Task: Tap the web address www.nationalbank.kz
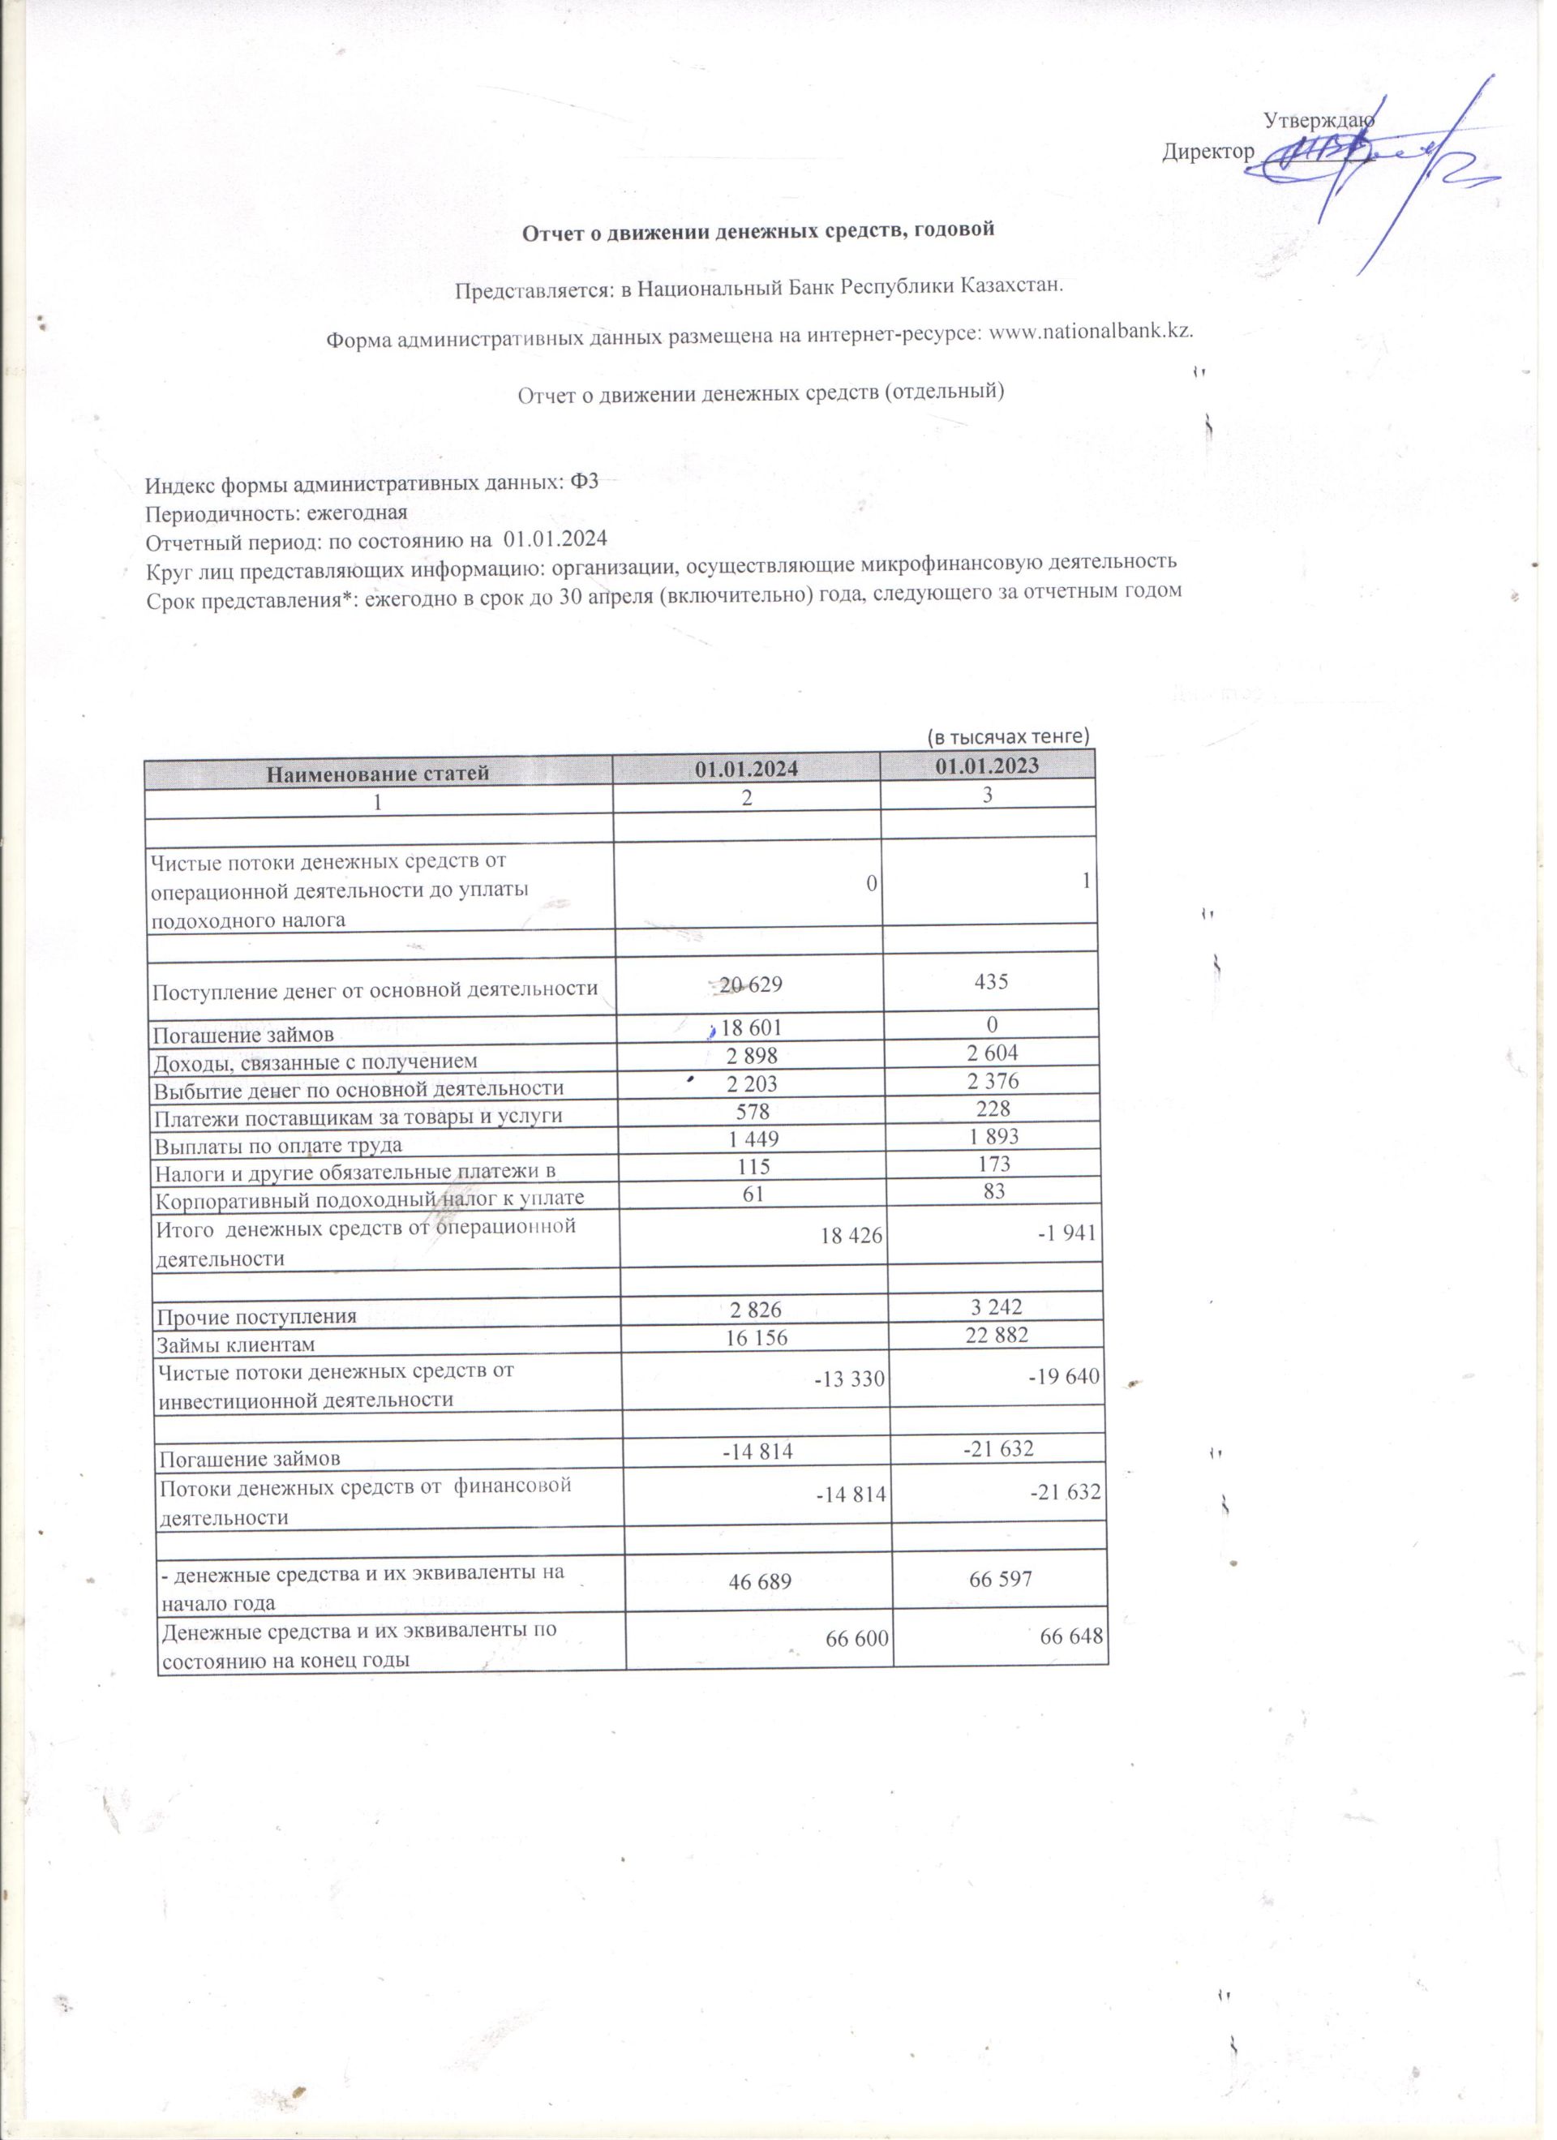pyautogui.click(x=1090, y=333)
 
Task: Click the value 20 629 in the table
pyautogui.click(x=750, y=985)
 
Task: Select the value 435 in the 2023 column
pyautogui.click(x=992, y=981)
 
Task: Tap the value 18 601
pyautogui.click(x=752, y=1027)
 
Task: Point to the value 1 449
pyautogui.click(x=754, y=1140)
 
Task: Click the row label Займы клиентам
pyautogui.click(x=236, y=1344)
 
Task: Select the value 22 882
pyautogui.click(x=997, y=1334)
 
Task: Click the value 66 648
pyautogui.click(x=1071, y=1636)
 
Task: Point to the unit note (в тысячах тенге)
pyautogui.click(x=1008, y=736)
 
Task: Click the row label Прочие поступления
pyautogui.click(x=257, y=1317)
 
